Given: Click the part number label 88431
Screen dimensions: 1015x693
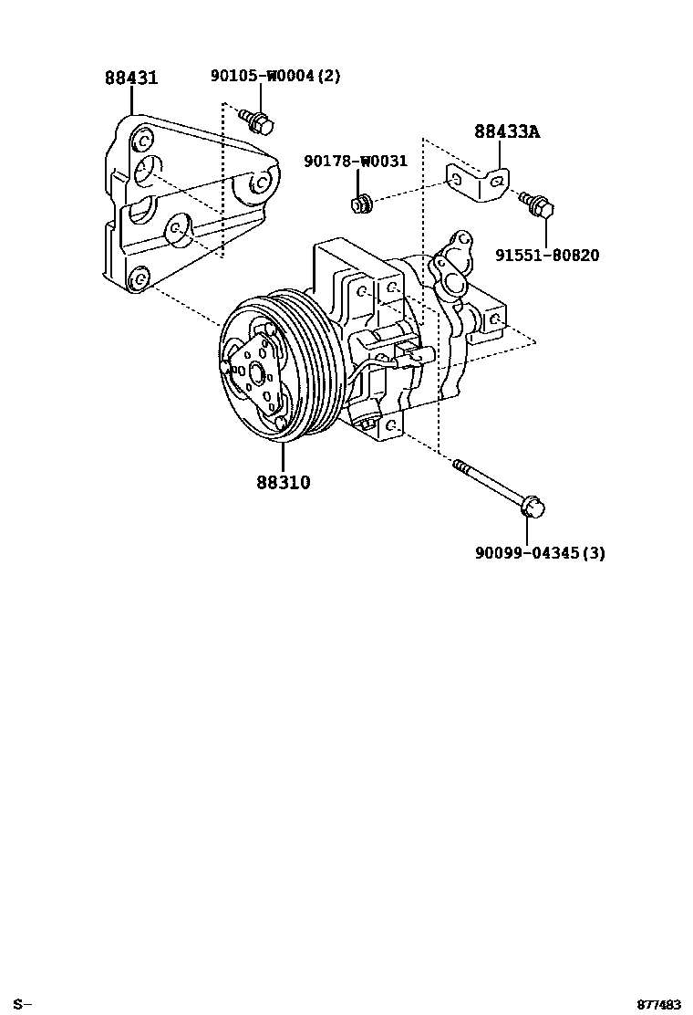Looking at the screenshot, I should (130, 78).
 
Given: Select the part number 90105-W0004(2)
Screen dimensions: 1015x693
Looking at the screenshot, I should (274, 77).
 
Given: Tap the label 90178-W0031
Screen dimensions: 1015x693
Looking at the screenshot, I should (355, 162).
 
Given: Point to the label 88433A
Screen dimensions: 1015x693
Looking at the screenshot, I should (506, 131).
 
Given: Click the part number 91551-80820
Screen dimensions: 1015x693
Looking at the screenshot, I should (547, 256).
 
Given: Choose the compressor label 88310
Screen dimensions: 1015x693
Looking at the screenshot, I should (283, 483).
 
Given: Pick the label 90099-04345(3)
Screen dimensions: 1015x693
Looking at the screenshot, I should (540, 552).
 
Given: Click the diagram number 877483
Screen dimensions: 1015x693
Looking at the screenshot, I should (659, 1005).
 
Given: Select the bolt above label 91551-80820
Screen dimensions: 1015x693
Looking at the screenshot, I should (538, 205).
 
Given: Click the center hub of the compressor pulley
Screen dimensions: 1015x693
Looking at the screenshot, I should (254, 371).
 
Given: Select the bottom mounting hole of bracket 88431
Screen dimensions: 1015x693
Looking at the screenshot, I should (139, 277).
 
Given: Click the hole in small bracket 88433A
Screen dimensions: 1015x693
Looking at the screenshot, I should (493, 181).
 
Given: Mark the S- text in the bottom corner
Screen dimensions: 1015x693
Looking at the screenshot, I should (24, 1005).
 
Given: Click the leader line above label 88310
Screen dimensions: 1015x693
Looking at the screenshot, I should (283, 456).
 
